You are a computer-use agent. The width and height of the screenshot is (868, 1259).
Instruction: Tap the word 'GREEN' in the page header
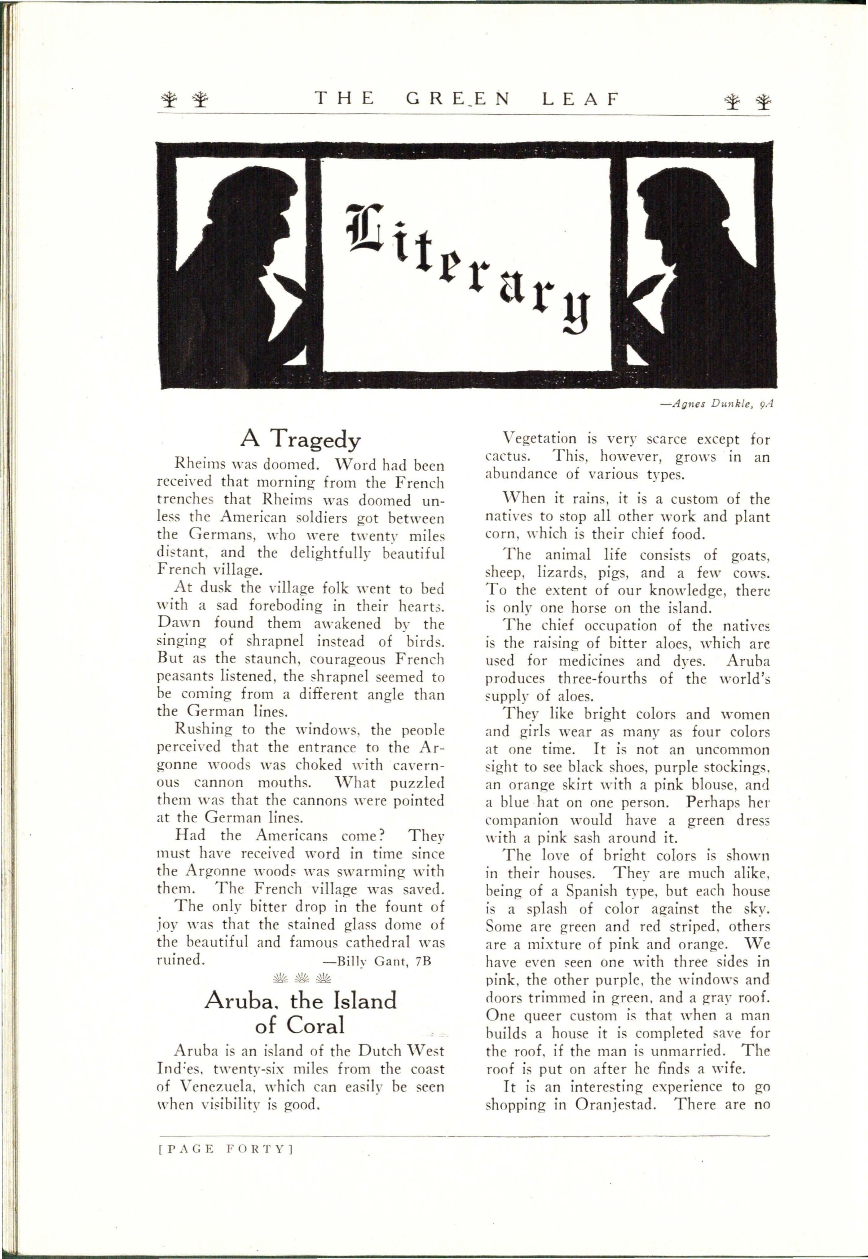pyautogui.click(x=458, y=99)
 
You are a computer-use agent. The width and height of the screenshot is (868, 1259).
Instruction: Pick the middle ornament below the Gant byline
pyautogui.click(x=301, y=979)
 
